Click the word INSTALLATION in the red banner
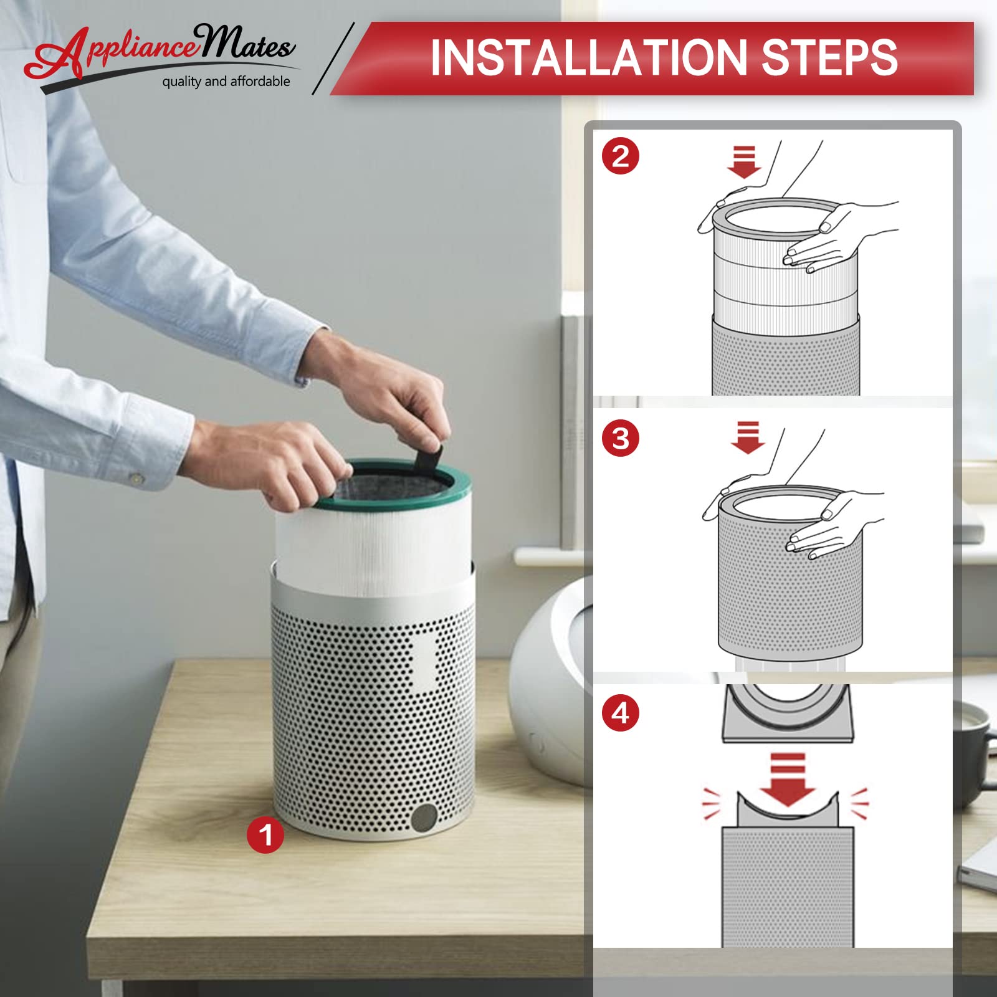pos(589,57)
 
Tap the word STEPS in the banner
pos(829,57)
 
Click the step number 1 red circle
pos(265,835)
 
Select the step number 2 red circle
pos(621,156)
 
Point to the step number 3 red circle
pos(621,438)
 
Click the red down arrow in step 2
pos(744,162)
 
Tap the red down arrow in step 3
pos(748,437)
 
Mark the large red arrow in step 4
pos(788,780)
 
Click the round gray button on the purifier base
pos(425,817)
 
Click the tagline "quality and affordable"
pos(226,82)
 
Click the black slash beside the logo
pos(333,59)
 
